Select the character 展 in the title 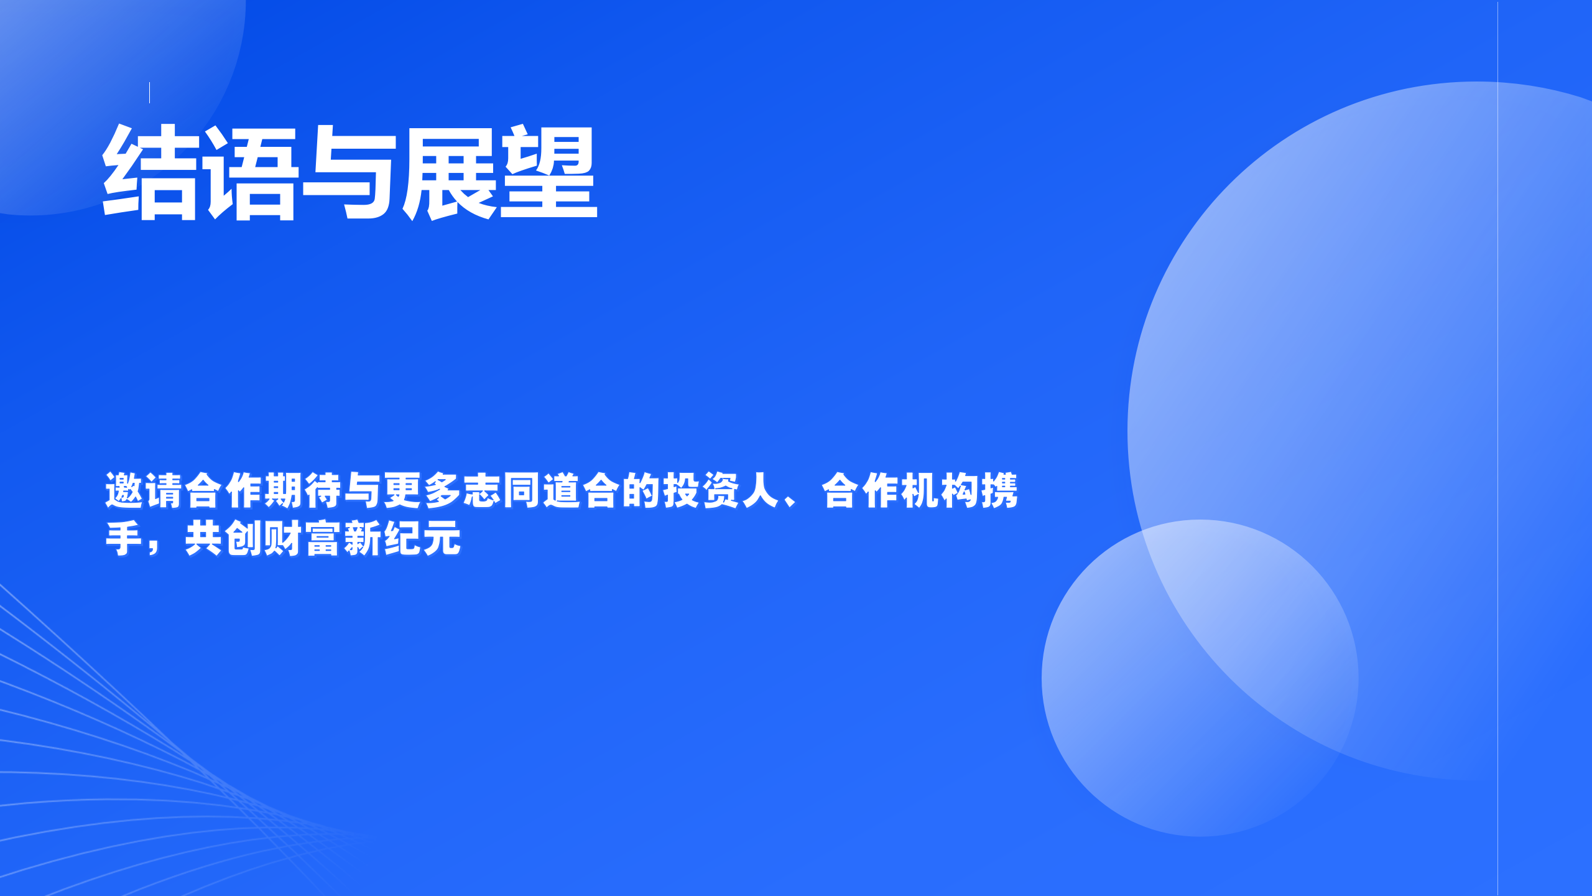pos(449,172)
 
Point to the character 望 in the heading pos(548,172)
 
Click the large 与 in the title pos(349,172)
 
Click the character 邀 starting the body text pos(124,490)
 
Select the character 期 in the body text pos(283,490)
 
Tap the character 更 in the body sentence pos(403,490)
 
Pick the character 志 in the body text pos(483,490)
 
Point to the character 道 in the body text pos(562,490)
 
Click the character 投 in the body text pos(682,490)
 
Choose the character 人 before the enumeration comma pos(761,490)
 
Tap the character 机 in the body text pos(920,490)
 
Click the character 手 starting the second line pos(124,538)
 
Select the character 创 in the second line pos(243,538)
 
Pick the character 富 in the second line pos(323,538)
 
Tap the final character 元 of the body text pos(442,538)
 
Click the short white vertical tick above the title pos(150,92)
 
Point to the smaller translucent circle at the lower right pos(1200,678)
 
